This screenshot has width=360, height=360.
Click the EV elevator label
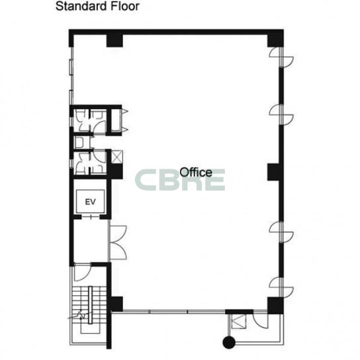pyautogui.click(x=90, y=202)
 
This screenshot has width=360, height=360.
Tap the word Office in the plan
pyautogui.click(x=196, y=172)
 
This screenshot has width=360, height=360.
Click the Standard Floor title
pyautogui.click(x=97, y=6)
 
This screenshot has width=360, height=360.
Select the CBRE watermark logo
pyautogui.click(x=180, y=180)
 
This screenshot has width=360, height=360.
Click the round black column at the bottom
pyautogui.click(x=229, y=342)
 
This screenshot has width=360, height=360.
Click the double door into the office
pyautogui.click(x=118, y=242)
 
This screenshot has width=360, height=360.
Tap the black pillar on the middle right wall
pyautogui.click(x=274, y=172)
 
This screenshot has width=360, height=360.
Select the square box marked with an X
pyautogui.click(x=117, y=157)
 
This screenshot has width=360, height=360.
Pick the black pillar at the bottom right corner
pyautogui.click(x=275, y=306)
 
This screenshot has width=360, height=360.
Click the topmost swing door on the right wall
pyautogui.click(x=281, y=58)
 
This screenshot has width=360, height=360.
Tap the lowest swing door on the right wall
pyautogui.click(x=281, y=287)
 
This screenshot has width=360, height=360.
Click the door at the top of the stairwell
pyautogui.click(x=83, y=273)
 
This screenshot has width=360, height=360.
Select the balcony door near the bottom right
pyautogui.click(x=260, y=321)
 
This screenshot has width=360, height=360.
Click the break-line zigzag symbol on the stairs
pyautogui.click(x=81, y=315)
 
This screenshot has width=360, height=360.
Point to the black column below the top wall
pyautogui.click(x=114, y=40)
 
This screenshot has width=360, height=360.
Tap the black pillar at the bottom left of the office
pyautogui.click(x=116, y=304)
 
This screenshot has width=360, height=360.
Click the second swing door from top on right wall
pyautogui.click(x=281, y=114)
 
